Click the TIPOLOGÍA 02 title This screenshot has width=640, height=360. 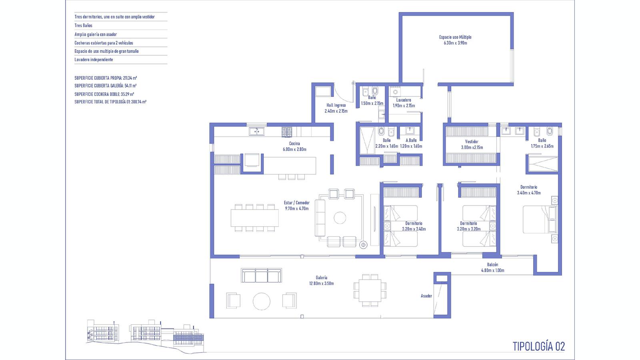[538, 346]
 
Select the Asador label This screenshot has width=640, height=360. [426, 296]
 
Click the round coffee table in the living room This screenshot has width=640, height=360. [340, 218]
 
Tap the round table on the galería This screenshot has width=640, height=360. [262, 301]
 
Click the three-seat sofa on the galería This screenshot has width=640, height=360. [261, 276]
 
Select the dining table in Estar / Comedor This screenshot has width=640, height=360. [254, 218]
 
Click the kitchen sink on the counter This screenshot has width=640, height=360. [256, 132]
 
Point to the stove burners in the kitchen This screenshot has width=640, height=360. [287, 132]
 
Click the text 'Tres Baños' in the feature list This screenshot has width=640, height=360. [84, 26]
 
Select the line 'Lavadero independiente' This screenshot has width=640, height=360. [94, 60]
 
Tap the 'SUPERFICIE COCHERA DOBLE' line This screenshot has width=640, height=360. [104, 94]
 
